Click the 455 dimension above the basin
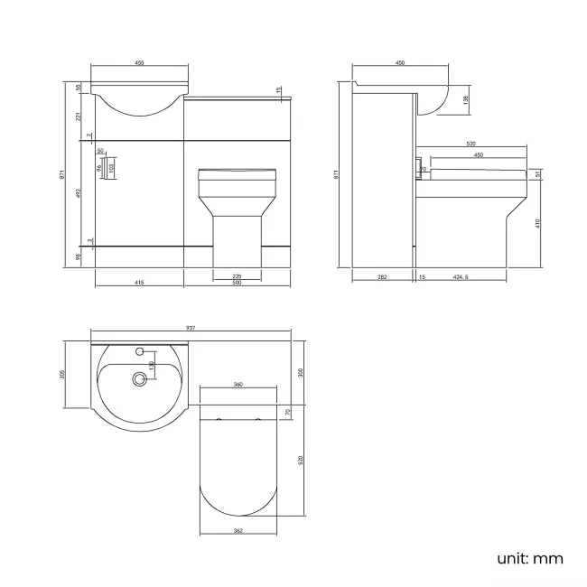(x=140, y=63)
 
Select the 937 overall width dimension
(x=191, y=328)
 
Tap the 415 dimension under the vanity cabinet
(x=139, y=283)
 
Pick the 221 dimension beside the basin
(x=80, y=116)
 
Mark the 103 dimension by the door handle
(x=111, y=167)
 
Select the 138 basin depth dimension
(x=466, y=99)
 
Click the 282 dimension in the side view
(x=383, y=277)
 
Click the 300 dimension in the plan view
(x=301, y=372)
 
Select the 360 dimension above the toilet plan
(x=238, y=385)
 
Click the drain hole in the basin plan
(x=139, y=380)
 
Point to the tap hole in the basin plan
(x=140, y=349)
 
